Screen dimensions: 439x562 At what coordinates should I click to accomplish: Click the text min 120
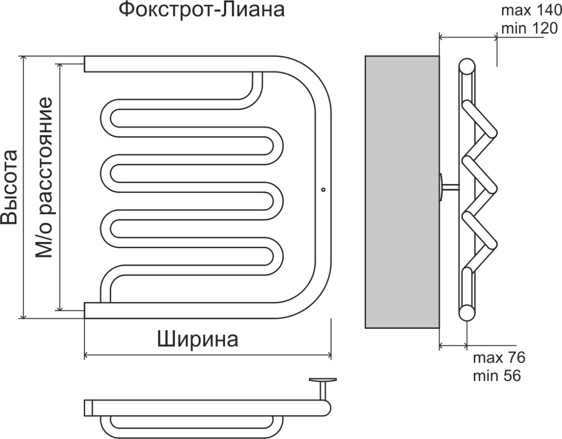coord(528,29)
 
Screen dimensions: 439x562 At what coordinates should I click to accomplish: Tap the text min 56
coord(497,376)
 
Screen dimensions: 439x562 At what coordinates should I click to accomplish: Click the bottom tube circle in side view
coord(467,313)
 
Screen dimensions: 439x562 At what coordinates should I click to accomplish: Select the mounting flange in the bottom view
coord(323,379)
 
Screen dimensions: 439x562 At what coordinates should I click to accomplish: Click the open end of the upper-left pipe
coord(86,64)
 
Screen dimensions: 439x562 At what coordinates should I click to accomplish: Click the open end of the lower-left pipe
coord(86,310)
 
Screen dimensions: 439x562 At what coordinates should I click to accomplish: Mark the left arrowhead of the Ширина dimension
coord(87,355)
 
